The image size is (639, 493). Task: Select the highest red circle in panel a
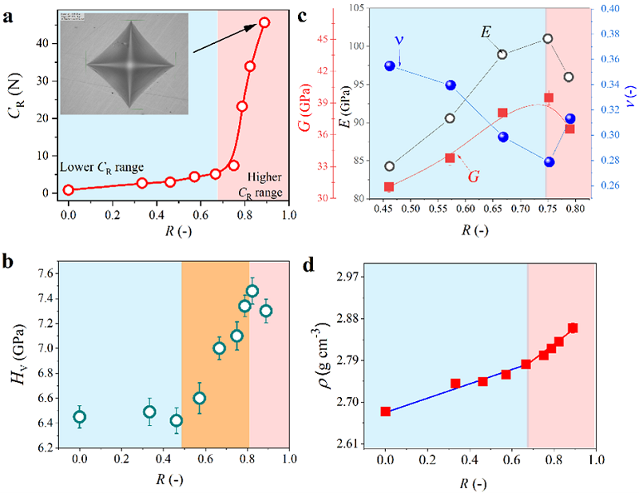click(264, 22)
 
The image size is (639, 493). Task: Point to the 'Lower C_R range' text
click(102, 167)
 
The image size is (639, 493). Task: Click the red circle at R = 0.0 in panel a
click(69, 190)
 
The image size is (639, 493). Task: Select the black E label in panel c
click(486, 32)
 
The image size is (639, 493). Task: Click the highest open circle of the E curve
click(549, 38)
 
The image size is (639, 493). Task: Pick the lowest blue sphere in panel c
click(550, 162)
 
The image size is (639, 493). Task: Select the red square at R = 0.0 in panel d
click(386, 411)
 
